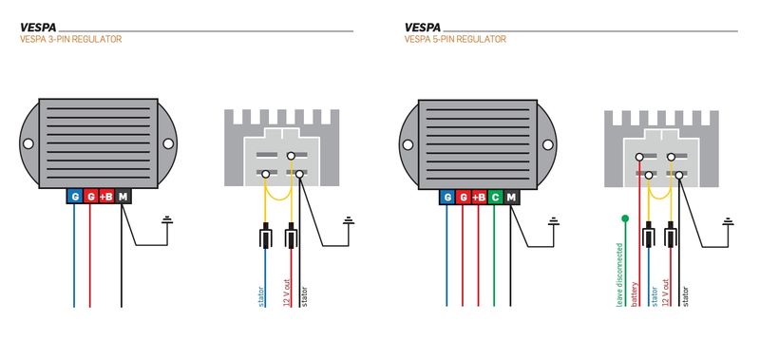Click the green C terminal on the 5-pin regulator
click(495, 198)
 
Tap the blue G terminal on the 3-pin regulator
click(74, 198)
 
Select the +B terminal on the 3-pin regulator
click(106, 198)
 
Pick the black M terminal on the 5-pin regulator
click(511, 198)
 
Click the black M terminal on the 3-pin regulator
click(123, 198)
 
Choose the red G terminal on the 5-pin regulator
click(463, 198)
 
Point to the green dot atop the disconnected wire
click(623, 218)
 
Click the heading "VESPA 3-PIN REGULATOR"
click(71, 40)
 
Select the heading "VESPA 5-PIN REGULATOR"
click(455, 40)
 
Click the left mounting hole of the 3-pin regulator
click(28, 143)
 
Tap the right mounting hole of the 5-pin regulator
click(547, 143)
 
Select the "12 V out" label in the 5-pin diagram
click(667, 292)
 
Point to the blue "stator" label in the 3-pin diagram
click(259, 294)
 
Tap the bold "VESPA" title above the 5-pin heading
click(422, 28)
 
